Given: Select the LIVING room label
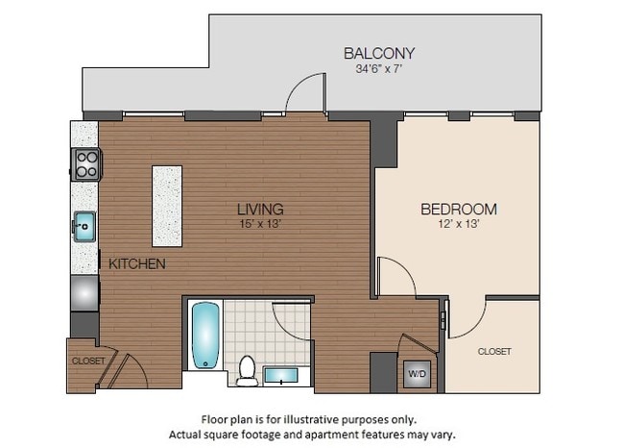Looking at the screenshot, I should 261,209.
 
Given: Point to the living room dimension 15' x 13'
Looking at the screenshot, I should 261,223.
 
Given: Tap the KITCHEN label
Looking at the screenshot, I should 136,263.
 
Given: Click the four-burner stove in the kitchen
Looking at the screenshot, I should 84,164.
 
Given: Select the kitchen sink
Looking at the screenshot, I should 84,228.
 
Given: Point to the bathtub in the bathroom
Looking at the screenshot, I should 205,336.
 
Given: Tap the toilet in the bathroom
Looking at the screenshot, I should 247,370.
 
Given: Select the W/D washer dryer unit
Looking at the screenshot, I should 418,372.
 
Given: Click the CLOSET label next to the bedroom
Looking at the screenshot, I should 493,352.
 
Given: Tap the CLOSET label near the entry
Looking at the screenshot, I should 86,361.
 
